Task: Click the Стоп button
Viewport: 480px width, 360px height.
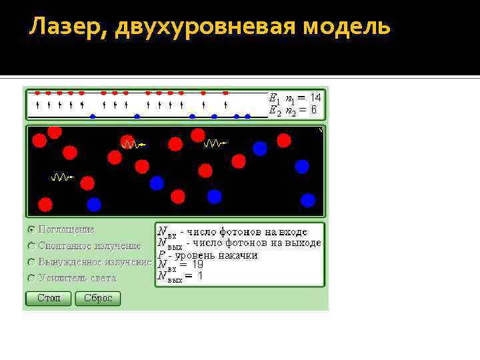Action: click(49, 298)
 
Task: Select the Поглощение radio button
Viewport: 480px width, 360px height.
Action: click(31, 229)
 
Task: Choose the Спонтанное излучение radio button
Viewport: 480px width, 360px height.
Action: click(31, 245)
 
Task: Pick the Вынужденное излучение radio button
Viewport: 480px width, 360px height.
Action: click(31, 262)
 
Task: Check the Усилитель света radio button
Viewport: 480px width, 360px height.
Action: click(31, 278)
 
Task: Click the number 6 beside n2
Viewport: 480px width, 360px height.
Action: click(313, 111)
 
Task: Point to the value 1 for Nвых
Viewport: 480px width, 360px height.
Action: click(199, 276)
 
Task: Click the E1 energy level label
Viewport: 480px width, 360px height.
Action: click(274, 98)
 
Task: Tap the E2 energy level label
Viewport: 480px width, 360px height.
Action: click(274, 111)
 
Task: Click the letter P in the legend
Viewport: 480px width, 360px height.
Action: click(161, 255)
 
